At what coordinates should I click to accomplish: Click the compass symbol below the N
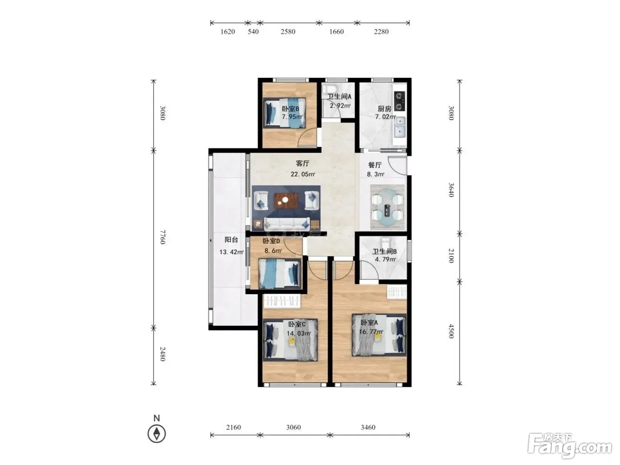click(156, 434)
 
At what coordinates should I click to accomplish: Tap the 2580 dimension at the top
click(288, 32)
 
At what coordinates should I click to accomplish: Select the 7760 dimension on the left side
click(162, 237)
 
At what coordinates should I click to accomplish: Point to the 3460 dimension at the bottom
click(368, 427)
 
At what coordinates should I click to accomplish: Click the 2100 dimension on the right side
click(451, 256)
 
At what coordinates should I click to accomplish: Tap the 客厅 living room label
click(303, 163)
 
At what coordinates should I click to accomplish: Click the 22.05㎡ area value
click(303, 174)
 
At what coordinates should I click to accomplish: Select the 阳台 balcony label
click(231, 240)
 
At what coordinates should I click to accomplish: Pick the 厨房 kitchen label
click(384, 109)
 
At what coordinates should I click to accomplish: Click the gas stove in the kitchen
click(399, 101)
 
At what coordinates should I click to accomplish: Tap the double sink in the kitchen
click(400, 127)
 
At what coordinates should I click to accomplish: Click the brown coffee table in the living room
click(286, 201)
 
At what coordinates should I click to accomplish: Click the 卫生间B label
click(384, 251)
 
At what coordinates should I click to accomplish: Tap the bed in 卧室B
click(285, 113)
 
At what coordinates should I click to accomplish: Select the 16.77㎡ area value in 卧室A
click(371, 331)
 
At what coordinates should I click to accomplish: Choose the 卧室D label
click(271, 241)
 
